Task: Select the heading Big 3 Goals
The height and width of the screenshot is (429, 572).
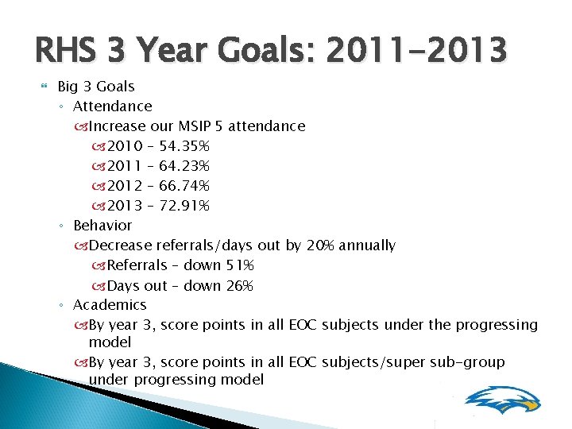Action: [96, 87]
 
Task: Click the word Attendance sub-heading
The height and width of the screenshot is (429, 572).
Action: [112, 106]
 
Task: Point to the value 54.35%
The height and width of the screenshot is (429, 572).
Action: [184, 146]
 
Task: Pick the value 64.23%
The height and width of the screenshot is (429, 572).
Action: [184, 166]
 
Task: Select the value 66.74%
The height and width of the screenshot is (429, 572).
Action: [184, 186]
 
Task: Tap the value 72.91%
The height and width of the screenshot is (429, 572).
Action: [184, 206]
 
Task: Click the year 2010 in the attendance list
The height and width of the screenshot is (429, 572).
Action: [125, 146]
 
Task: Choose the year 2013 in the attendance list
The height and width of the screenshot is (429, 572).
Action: [125, 206]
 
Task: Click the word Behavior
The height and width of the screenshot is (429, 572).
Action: [102, 226]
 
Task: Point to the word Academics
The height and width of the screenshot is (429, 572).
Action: [110, 305]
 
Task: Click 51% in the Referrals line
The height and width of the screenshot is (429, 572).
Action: [238, 265]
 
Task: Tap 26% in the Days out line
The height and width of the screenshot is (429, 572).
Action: [238, 285]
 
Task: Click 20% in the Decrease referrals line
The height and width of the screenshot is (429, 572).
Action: [319, 245]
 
